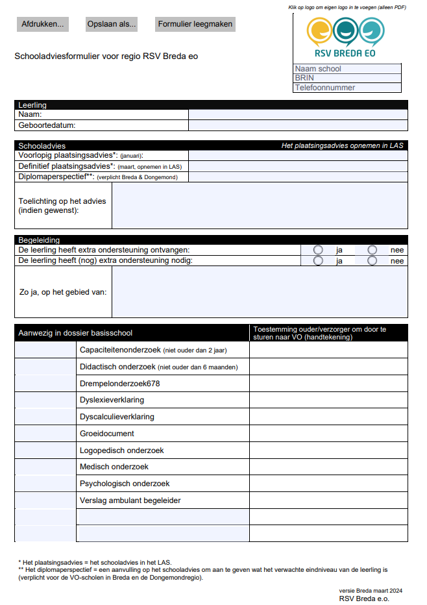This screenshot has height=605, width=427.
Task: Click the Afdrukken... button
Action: [43, 25]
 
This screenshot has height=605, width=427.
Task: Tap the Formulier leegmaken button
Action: [195, 25]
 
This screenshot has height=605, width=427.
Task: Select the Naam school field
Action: [347, 69]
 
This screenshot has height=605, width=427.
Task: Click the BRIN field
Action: [347, 78]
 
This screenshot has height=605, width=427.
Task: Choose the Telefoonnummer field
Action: [347, 88]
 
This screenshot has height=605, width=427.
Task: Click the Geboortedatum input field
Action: [298, 125]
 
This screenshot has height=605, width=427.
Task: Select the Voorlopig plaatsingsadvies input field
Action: [298, 156]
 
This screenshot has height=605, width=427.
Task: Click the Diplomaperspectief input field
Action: [298, 177]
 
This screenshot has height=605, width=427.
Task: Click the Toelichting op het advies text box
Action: [260, 205]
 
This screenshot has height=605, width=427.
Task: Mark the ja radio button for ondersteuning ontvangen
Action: [318, 250]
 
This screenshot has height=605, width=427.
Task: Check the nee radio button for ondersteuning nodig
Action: [372, 261]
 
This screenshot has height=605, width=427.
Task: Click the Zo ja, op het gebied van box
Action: [260, 292]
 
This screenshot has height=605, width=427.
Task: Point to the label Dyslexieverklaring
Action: [112, 400]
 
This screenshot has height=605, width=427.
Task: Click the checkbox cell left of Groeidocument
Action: [45, 434]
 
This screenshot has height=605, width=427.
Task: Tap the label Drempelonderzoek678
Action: [119, 384]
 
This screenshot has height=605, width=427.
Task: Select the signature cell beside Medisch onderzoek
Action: [328, 467]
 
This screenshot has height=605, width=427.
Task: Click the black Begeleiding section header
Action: [211, 240]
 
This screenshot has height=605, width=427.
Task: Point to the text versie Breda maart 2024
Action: [366, 590]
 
